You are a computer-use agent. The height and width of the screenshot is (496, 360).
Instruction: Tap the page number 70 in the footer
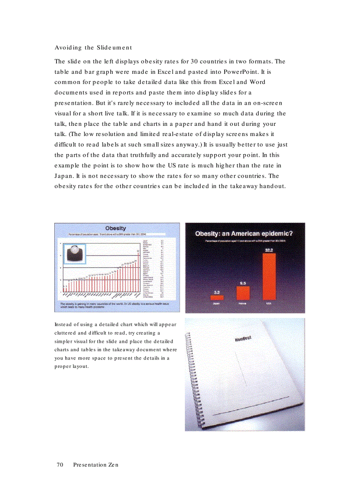(60, 465)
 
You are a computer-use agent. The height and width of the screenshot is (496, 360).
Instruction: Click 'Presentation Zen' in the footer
(96, 465)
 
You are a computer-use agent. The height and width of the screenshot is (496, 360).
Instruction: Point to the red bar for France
(243, 293)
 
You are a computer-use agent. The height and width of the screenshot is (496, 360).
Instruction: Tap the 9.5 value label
(243, 283)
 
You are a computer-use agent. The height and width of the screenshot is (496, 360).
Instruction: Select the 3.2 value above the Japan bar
(216, 292)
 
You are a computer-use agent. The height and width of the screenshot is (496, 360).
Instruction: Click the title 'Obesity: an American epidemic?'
(244, 234)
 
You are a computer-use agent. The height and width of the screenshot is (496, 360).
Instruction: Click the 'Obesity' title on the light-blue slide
(116, 228)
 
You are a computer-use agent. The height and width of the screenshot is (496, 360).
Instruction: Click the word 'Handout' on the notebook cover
(243, 338)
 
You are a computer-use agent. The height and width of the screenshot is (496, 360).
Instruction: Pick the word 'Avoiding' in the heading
(68, 47)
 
